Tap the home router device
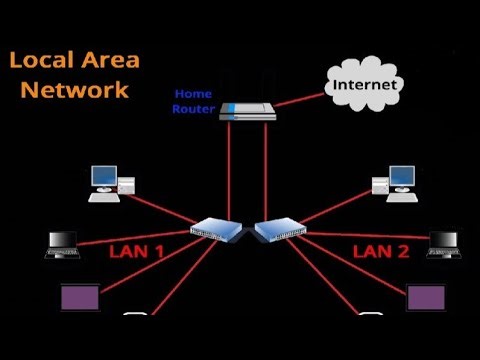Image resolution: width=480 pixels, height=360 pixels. point(247,111)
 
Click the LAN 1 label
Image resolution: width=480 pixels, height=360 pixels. point(138,251)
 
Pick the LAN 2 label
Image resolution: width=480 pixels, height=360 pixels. point(381,251)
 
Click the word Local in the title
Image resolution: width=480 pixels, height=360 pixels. point(44,60)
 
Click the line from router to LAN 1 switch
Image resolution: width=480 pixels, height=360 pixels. point(230,170)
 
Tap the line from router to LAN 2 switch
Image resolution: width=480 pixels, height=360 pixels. point(265,170)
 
